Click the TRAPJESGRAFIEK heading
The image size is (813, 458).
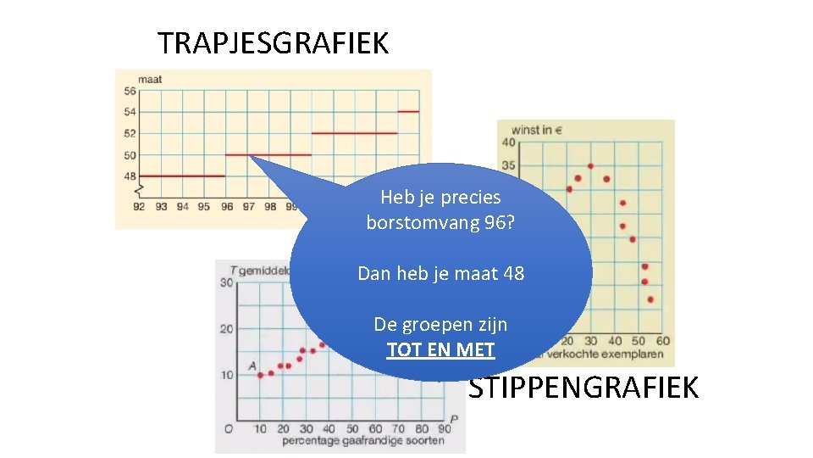[x=273, y=42]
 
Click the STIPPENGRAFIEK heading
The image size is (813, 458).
[x=583, y=388]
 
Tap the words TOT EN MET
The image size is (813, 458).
[x=440, y=349]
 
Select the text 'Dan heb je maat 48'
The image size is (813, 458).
[x=440, y=274]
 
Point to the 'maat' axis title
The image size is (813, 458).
[x=150, y=80]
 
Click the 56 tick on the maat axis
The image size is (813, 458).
[x=130, y=92]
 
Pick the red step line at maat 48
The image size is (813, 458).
[x=181, y=176]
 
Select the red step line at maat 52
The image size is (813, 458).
[x=354, y=133]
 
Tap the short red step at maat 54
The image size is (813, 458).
[x=408, y=111]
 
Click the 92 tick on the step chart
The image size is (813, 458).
[x=139, y=207]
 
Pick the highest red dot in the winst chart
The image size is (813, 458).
[x=590, y=166]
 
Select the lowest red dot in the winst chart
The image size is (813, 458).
[x=650, y=299]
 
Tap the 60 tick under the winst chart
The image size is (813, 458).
[x=662, y=341]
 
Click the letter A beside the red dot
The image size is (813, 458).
[x=252, y=366]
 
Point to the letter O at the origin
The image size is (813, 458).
[x=228, y=429]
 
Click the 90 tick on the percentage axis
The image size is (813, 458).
[x=444, y=429]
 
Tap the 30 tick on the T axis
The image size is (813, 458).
[x=227, y=282]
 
